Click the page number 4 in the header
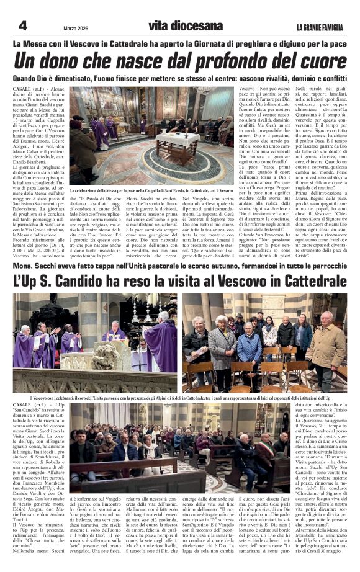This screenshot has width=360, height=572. (x=23, y=25)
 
